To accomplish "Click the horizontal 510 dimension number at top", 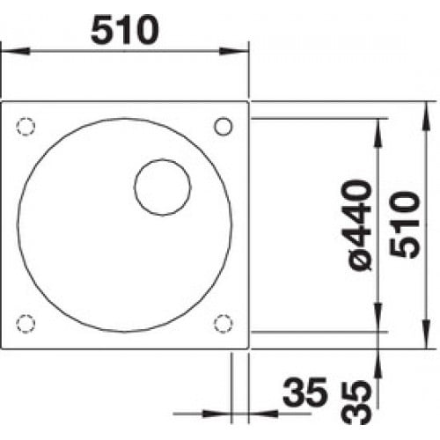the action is pyautogui.click(x=125, y=30).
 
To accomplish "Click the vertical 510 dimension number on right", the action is pyautogui.click(x=405, y=224).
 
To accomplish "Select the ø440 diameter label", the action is pyautogui.click(x=359, y=225).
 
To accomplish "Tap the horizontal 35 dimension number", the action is pyautogui.click(x=304, y=392).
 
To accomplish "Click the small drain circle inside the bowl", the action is pyautogui.click(x=163, y=187).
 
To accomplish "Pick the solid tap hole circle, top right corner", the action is pyautogui.click(x=224, y=127).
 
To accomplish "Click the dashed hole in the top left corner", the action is pyautogui.click(x=26, y=127).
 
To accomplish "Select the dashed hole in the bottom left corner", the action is pyautogui.click(x=26, y=324).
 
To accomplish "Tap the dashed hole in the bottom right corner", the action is pyautogui.click(x=224, y=324).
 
